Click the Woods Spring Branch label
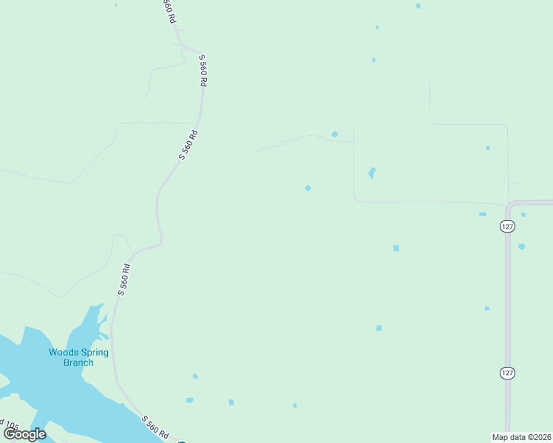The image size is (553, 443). pos(78,357)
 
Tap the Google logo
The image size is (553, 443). pos(24,434)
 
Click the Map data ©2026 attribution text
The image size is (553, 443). pos(522,436)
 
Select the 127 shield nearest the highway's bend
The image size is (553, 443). pos(507,227)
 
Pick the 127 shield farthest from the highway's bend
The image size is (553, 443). pos(507,373)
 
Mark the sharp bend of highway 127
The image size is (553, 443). pos(510,204)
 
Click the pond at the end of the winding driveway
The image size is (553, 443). pos(335,134)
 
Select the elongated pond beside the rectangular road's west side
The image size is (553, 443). pos(372,174)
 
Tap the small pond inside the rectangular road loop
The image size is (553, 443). pos(488,148)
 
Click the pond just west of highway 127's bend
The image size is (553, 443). pos(483,214)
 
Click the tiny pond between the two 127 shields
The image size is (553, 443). pos(486,308)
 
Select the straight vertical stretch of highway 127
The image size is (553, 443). pos(508,310)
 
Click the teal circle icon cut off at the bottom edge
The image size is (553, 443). pos(182,442)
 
